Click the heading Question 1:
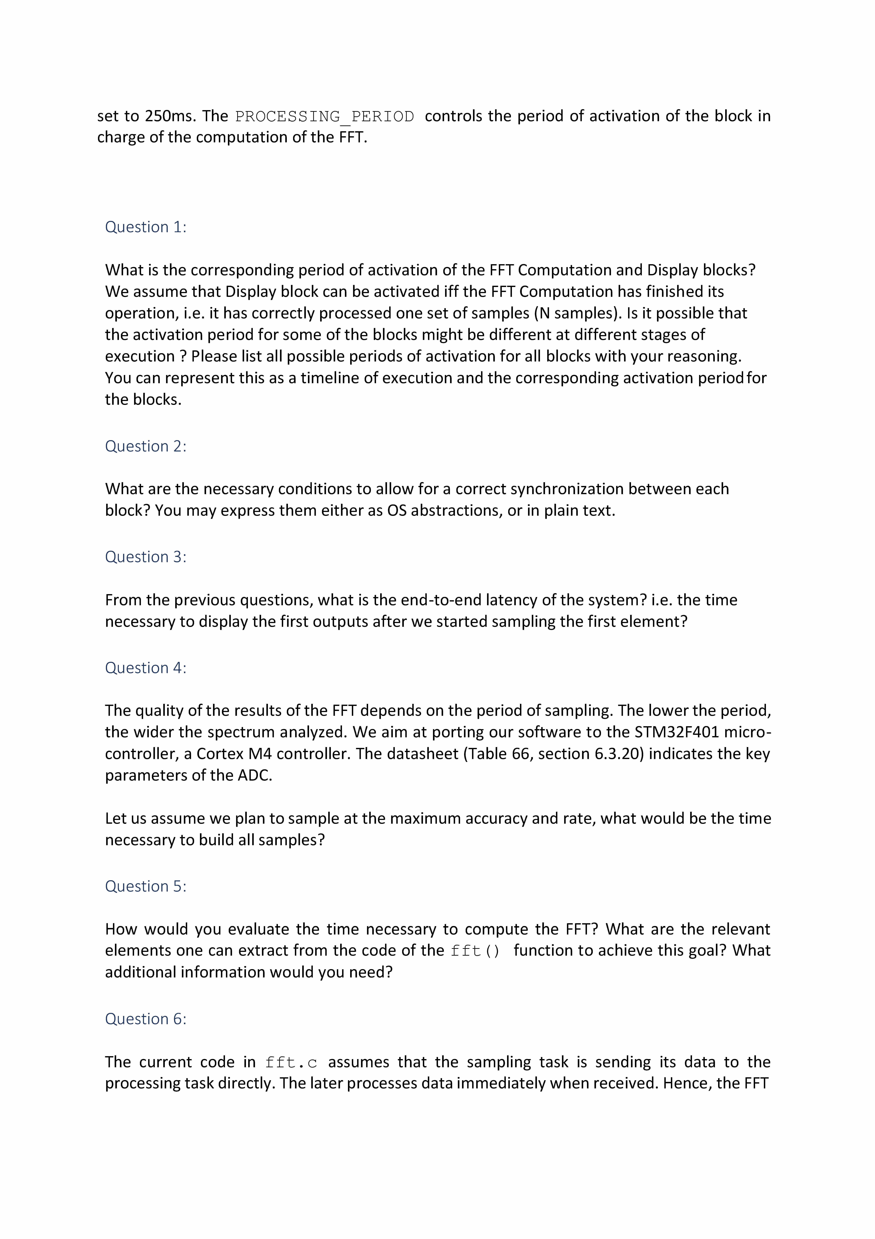(146, 227)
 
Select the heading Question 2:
(146, 446)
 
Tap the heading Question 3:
(146, 557)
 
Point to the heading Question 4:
(146, 668)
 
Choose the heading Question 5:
(146, 887)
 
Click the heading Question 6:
(146, 1019)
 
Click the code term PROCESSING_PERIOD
(325, 117)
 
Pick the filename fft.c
(291, 1063)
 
